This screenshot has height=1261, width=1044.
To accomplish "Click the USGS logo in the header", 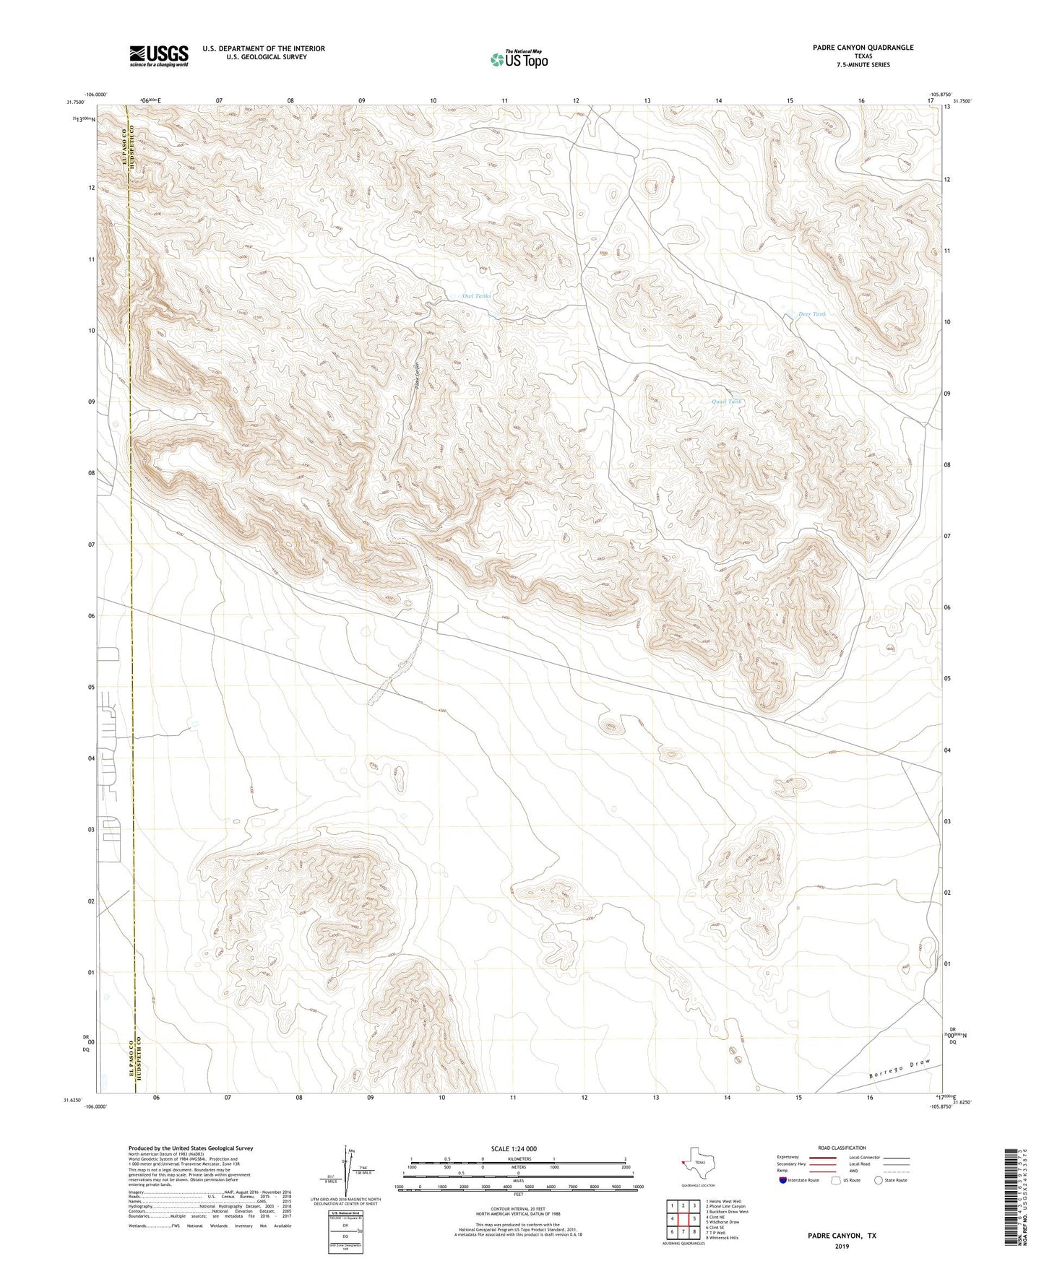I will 159,56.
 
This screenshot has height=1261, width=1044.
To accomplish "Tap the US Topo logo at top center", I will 519,59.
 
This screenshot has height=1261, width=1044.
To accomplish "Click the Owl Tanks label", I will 476,296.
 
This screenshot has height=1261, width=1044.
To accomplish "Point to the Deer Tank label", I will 811,314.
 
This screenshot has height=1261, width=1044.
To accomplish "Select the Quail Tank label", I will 726,402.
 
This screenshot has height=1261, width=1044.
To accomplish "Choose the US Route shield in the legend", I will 837,1180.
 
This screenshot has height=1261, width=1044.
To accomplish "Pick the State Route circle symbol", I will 878,1180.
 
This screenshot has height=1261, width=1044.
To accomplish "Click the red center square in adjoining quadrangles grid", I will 683,1218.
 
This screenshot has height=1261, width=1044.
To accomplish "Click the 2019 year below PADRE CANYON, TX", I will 842,1246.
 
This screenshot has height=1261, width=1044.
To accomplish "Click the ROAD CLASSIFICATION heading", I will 842,1148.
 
